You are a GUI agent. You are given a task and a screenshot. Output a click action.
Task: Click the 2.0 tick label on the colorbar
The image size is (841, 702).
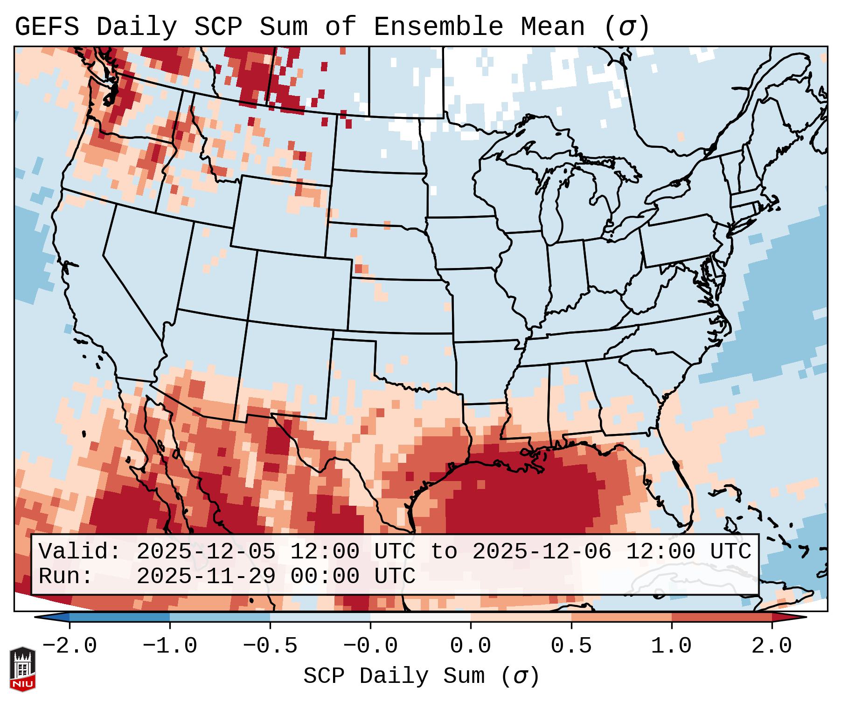pyautogui.click(x=772, y=646)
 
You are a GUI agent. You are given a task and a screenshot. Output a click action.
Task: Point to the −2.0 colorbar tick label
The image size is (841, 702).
pyautogui.click(x=70, y=646)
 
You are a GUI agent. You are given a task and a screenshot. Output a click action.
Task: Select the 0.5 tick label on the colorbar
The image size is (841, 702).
pyautogui.click(x=571, y=646)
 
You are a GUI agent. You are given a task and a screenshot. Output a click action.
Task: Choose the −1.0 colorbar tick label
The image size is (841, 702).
pyautogui.click(x=170, y=646)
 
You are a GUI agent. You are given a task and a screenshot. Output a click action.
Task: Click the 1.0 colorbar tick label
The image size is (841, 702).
pyautogui.click(x=672, y=646)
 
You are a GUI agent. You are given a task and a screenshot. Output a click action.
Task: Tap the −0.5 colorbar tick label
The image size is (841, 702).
pyautogui.click(x=270, y=646)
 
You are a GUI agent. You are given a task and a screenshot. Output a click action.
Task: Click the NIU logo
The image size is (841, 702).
pyautogui.click(x=22, y=669)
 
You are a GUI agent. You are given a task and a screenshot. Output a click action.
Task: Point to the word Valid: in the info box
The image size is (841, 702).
pyautogui.click(x=80, y=552)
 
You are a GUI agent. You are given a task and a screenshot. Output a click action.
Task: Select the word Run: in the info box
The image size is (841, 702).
pyautogui.click(x=66, y=576)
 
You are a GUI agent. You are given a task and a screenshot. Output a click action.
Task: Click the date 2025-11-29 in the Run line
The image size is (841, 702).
pyautogui.click(x=206, y=576)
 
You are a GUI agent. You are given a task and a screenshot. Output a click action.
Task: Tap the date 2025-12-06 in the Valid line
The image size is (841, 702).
pyautogui.click(x=542, y=552)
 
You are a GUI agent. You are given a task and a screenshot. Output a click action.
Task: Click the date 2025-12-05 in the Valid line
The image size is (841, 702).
pyautogui.click(x=206, y=552)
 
